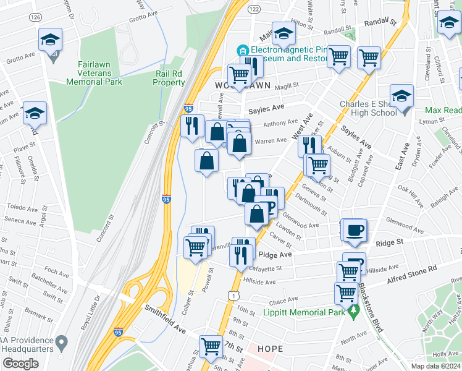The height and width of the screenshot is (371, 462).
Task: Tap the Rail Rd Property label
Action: (x=169, y=78)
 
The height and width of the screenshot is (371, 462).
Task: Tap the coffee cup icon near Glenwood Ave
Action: (x=355, y=230)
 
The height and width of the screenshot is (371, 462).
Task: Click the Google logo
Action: (x=20, y=364)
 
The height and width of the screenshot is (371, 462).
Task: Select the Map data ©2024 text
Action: (x=434, y=365)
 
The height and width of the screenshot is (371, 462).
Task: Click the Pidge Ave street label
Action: (x=275, y=255)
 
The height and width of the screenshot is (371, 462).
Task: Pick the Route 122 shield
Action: (x=254, y=9)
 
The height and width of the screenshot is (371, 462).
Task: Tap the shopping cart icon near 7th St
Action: (x=211, y=346)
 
